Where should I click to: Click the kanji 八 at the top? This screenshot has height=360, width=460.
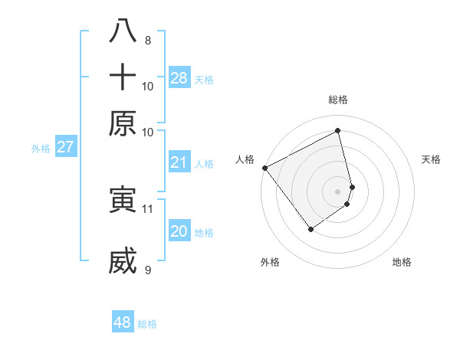(x=123, y=31)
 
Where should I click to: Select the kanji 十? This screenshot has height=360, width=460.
(x=123, y=77)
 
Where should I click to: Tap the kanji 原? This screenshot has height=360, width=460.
(x=123, y=123)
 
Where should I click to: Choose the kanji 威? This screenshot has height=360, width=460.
(x=123, y=260)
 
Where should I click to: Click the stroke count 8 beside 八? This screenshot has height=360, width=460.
(x=147, y=40)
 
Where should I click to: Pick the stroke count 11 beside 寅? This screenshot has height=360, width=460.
(x=148, y=208)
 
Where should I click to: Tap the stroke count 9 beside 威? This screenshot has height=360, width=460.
(x=147, y=270)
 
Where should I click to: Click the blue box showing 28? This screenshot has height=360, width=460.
(x=179, y=78)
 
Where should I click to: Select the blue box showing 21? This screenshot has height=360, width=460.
(x=179, y=162)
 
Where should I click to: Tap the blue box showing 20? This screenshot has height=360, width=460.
(x=179, y=232)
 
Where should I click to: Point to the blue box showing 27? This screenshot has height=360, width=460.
(x=65, y=147)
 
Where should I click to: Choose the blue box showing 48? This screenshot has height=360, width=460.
(x=123, y=322)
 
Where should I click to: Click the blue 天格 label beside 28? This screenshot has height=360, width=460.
(x=204, y=79)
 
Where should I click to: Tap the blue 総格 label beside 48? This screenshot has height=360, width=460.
(x=147, y=324)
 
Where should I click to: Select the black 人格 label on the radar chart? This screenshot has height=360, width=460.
(x=245, y=159)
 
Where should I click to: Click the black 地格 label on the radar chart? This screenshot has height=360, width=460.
(x=402, y=262)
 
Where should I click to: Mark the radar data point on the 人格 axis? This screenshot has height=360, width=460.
(x=264, y=168)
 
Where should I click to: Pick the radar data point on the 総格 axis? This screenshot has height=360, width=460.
(x=337, y=130)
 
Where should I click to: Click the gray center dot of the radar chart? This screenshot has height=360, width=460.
(x=337, y=190)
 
